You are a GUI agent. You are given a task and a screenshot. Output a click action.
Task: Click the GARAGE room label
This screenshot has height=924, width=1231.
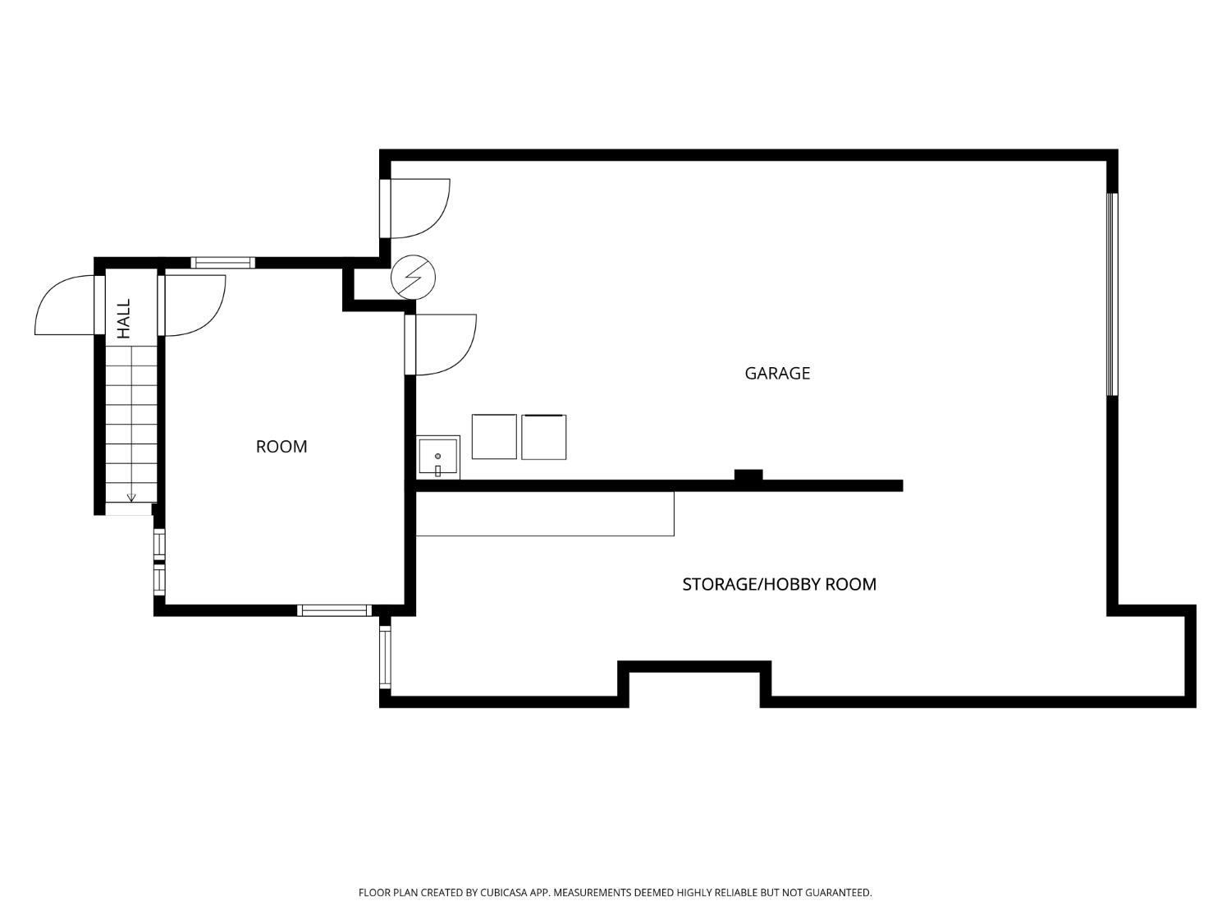point(776,373)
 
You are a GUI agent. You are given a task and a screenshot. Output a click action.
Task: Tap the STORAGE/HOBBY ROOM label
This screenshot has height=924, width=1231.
point(779,584)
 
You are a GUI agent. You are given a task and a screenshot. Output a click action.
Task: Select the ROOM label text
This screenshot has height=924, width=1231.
point(281,446)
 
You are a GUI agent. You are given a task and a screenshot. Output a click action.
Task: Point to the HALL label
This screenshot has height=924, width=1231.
point(124,319)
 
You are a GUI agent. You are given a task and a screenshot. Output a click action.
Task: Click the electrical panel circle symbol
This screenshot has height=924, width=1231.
point(413,277)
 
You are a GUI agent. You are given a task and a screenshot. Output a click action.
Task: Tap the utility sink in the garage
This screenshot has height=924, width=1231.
point(437,457)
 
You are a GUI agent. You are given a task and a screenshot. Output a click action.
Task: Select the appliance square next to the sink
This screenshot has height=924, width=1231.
point(494,437)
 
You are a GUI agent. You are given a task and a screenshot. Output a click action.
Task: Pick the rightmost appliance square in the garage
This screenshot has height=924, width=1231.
point(543,437)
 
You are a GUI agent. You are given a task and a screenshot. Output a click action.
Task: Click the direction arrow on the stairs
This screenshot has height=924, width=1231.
point(131,497)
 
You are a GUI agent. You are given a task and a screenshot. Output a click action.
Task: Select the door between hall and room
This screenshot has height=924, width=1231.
point(193,306)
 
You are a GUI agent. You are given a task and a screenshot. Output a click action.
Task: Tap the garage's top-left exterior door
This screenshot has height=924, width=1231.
point(419,208)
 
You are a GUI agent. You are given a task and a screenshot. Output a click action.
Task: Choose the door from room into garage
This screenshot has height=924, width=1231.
point(443,345)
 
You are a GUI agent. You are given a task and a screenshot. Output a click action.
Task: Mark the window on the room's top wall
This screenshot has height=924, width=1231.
point(222,263)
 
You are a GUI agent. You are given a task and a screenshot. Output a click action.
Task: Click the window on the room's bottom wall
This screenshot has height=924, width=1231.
point(334,610)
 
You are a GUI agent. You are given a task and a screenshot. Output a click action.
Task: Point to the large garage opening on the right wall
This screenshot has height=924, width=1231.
point(1112,294)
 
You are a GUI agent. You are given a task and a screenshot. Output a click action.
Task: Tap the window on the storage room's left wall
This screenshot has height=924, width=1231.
point(385,656)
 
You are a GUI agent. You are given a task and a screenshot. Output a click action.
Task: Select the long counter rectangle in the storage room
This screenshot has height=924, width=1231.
point(545,514)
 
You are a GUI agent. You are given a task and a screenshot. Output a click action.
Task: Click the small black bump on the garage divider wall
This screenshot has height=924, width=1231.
point(748,475)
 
